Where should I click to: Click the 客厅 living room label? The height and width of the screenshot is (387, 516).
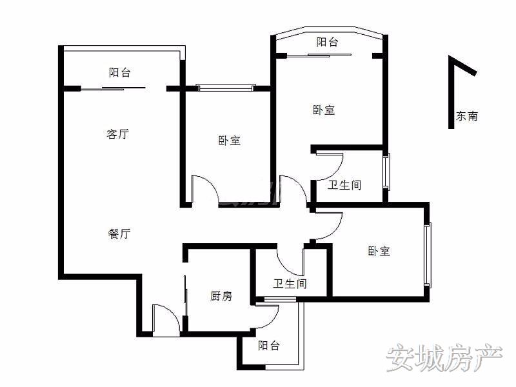[x=117, y=134]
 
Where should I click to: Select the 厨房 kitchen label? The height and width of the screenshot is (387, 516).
[x=221, y=296]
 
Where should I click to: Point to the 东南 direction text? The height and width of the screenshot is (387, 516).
[x=467, y=117]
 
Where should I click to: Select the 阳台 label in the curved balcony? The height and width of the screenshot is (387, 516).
[x=328, y=43]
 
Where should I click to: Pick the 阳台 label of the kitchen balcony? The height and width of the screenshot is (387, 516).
[x=269, y=346]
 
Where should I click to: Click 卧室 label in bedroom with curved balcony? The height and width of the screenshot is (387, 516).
[x=324, y=110]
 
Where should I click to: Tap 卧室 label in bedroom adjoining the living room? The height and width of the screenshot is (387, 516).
[x=229, y=140]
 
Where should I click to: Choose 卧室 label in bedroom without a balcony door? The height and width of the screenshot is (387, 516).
[x=379, y=251]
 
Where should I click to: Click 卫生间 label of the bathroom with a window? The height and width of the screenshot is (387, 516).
[x=344, y=185]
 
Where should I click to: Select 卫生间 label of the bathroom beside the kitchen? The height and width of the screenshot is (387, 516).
[x=290, y=283]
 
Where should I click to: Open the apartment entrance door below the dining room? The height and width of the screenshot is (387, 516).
[x=164, y=319]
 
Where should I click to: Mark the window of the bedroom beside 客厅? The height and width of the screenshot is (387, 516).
[x=225, y=87]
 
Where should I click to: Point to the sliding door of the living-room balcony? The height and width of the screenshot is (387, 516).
[x=114, y=88]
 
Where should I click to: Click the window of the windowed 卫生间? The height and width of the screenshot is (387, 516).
[x=386, y=170]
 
